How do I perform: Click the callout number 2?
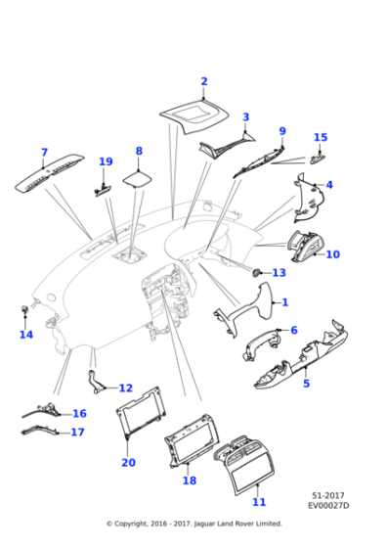[204, 81]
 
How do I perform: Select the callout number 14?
[26, 335]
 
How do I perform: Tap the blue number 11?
[259, 502]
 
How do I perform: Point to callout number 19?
[106, 161]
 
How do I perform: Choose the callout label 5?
[307, 383]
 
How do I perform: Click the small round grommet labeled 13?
[257, 273]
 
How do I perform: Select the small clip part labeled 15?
[318, 159]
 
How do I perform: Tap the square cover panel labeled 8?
[138, 179]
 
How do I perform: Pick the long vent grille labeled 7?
[49, 172]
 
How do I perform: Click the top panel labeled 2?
[194, 116]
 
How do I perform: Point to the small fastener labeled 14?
[24, 308]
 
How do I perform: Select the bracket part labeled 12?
[95, 382]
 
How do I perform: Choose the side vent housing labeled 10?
[306, 246]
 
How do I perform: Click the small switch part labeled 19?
[103, 190]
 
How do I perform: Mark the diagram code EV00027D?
[328, 505]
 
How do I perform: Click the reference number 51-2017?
[328, 495]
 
